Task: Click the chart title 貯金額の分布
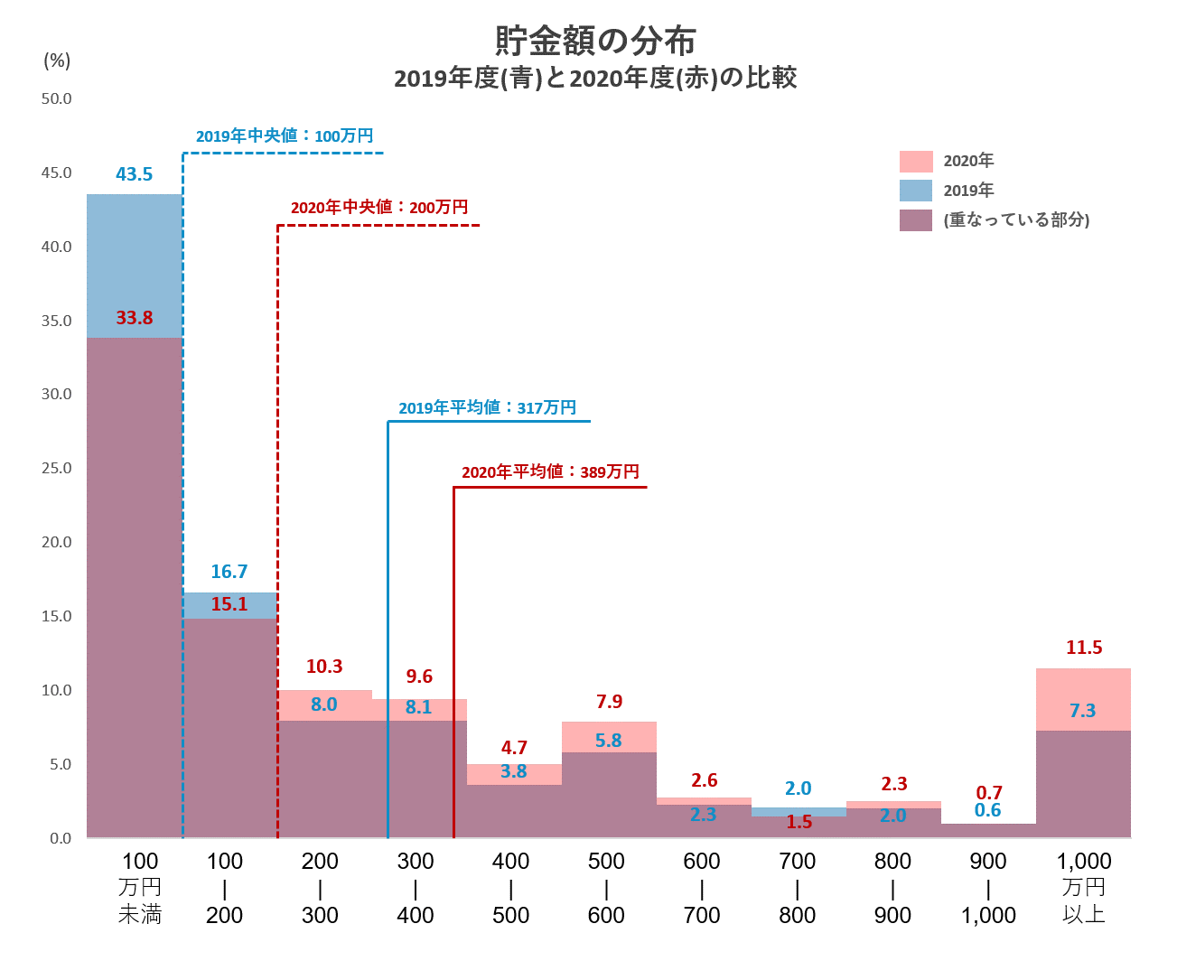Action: click(595, 41)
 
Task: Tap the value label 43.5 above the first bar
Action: click(135, 174)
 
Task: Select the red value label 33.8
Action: click(135, 318)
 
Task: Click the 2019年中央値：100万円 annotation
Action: click(285, 136)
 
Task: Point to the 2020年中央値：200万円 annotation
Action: click(379, 208)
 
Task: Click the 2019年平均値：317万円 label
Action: click(487, 408)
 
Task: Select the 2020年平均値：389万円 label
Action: click(550, 472)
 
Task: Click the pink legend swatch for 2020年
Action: click(915, 161)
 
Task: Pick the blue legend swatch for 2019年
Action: click(915, 191)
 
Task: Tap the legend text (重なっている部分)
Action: click(1016, 220)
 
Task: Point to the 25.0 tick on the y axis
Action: click(56, 468)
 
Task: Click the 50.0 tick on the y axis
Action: click(56, 98)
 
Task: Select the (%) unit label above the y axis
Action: click(57, 61)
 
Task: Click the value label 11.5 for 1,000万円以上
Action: click(1084, 648)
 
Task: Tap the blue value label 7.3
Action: click(1082, 711)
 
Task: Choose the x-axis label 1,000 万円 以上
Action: click(1084, 888)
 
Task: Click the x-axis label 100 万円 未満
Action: click(140, 888)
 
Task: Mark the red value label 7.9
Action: click(610, 702)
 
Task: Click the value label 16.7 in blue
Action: click(229, 572)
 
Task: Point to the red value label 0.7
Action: click(989, 792)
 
